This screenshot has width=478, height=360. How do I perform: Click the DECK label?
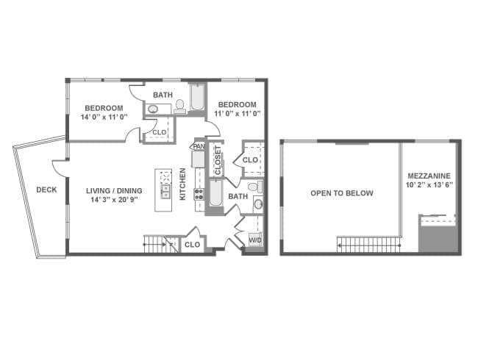pyautogui.click(x=46, y=190)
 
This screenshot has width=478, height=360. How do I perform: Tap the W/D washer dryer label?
pyautogui.click(x=255, y=240)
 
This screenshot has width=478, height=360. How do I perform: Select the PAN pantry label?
pyautogui.click(x=199, y=146)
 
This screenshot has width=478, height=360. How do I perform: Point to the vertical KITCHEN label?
pyautogui.click(x=182, y=184)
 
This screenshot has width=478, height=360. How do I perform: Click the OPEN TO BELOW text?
pyautogui.click(x=342, y=193)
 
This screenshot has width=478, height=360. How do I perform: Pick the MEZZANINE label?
pyautogui.click(x=429, y=176)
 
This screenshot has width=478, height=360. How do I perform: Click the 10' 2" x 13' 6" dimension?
pyautogui.click(x=429, y=185)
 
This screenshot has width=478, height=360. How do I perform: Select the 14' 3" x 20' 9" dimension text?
pyautogui.click(x=114, y=200)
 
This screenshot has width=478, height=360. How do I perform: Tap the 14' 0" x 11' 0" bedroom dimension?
pyautogui.click(x=104, y=117)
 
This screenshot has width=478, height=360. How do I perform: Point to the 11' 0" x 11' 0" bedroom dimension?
pyautogui.click(x=238, y=114)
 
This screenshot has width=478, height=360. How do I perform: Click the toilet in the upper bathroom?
pyautogui.click(x=180, y=107)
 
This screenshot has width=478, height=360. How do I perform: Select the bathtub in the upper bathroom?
pyautogui.click(x=198, y=97)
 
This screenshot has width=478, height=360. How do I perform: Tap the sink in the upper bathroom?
pyautogui.click(x=152, y=109)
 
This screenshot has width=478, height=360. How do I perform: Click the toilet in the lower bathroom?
pyautogui.click(x=255, y=186)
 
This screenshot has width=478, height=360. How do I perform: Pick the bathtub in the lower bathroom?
pyautogui.click(x=215, y=193)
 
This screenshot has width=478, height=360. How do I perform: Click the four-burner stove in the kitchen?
pyautogui.click(x=199, y=194)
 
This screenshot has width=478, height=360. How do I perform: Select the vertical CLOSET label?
pyautogui.click(x=218, y=160)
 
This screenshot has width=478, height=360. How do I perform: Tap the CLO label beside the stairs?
pyautogui.click(x=193, y=245)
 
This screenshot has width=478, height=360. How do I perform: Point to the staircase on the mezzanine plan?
pyautogui.click(x=368, y=245)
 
